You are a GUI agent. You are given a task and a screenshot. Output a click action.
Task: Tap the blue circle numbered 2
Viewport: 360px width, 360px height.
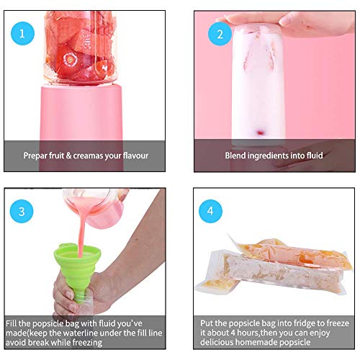[x=220, y=33]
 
